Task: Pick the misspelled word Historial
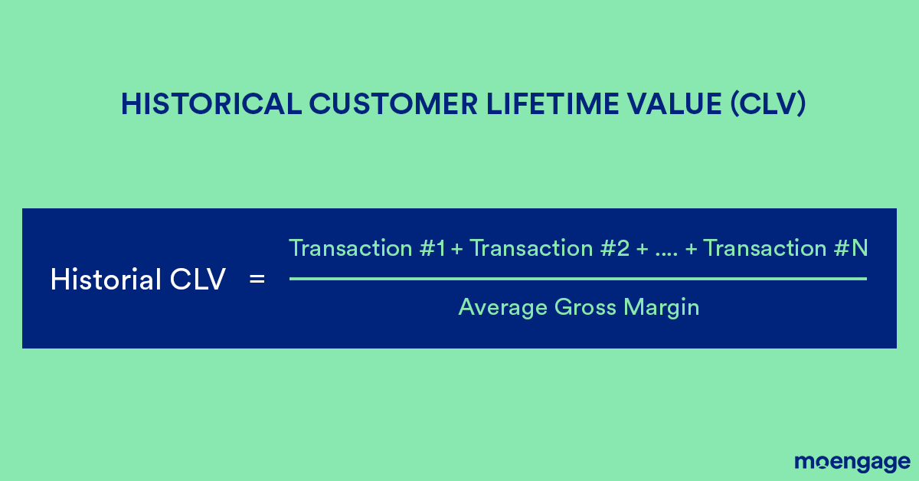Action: pyautogui.click(x=105, y=280)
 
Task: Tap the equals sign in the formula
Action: pyautogui.click(x=257, y=280)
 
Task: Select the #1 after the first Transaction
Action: pyautogui.click(x=433, y=248)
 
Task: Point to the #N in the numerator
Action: pyautogui.click(x=851, y=248)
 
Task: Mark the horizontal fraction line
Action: pyautogui.click(x=577, y=279)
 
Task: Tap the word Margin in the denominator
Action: pyautogui.click(x=662, y=308)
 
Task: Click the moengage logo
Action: pyautogui.click(x=852, y=462)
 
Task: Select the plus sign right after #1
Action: pyautogui.click(x=457, y=249)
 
